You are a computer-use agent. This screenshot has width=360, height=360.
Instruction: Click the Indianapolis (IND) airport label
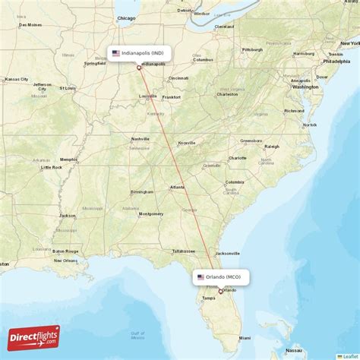click(141, 53)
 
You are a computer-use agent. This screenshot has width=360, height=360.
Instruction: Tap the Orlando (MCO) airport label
click(223, 277)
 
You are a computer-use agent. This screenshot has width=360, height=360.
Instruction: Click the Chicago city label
click(126, 17)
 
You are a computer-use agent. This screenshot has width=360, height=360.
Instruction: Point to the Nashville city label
click(140, 139)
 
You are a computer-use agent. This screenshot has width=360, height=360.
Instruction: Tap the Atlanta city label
click(177, 187)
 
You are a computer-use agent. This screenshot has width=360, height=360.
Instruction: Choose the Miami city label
click(245, 337)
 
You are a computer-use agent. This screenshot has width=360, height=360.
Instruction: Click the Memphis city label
click(68, 159)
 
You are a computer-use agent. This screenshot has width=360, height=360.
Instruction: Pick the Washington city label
click(305, 87)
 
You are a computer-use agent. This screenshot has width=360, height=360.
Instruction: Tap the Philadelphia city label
click(336, 61)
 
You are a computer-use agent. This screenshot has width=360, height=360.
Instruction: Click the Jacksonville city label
click(227, 253)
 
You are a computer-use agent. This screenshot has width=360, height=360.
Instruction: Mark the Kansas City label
click(16, 79)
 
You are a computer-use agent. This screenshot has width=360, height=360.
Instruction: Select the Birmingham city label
click(142, 191)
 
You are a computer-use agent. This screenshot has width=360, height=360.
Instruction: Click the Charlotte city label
click(238, 158)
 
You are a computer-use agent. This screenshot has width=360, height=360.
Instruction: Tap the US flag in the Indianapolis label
click(115, 53)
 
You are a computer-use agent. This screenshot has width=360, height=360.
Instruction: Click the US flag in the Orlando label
click(201, 277)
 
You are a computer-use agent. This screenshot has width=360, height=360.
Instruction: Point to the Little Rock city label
click(52, 167)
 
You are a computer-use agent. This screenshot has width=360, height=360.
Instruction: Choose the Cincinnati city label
click(178, 77)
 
